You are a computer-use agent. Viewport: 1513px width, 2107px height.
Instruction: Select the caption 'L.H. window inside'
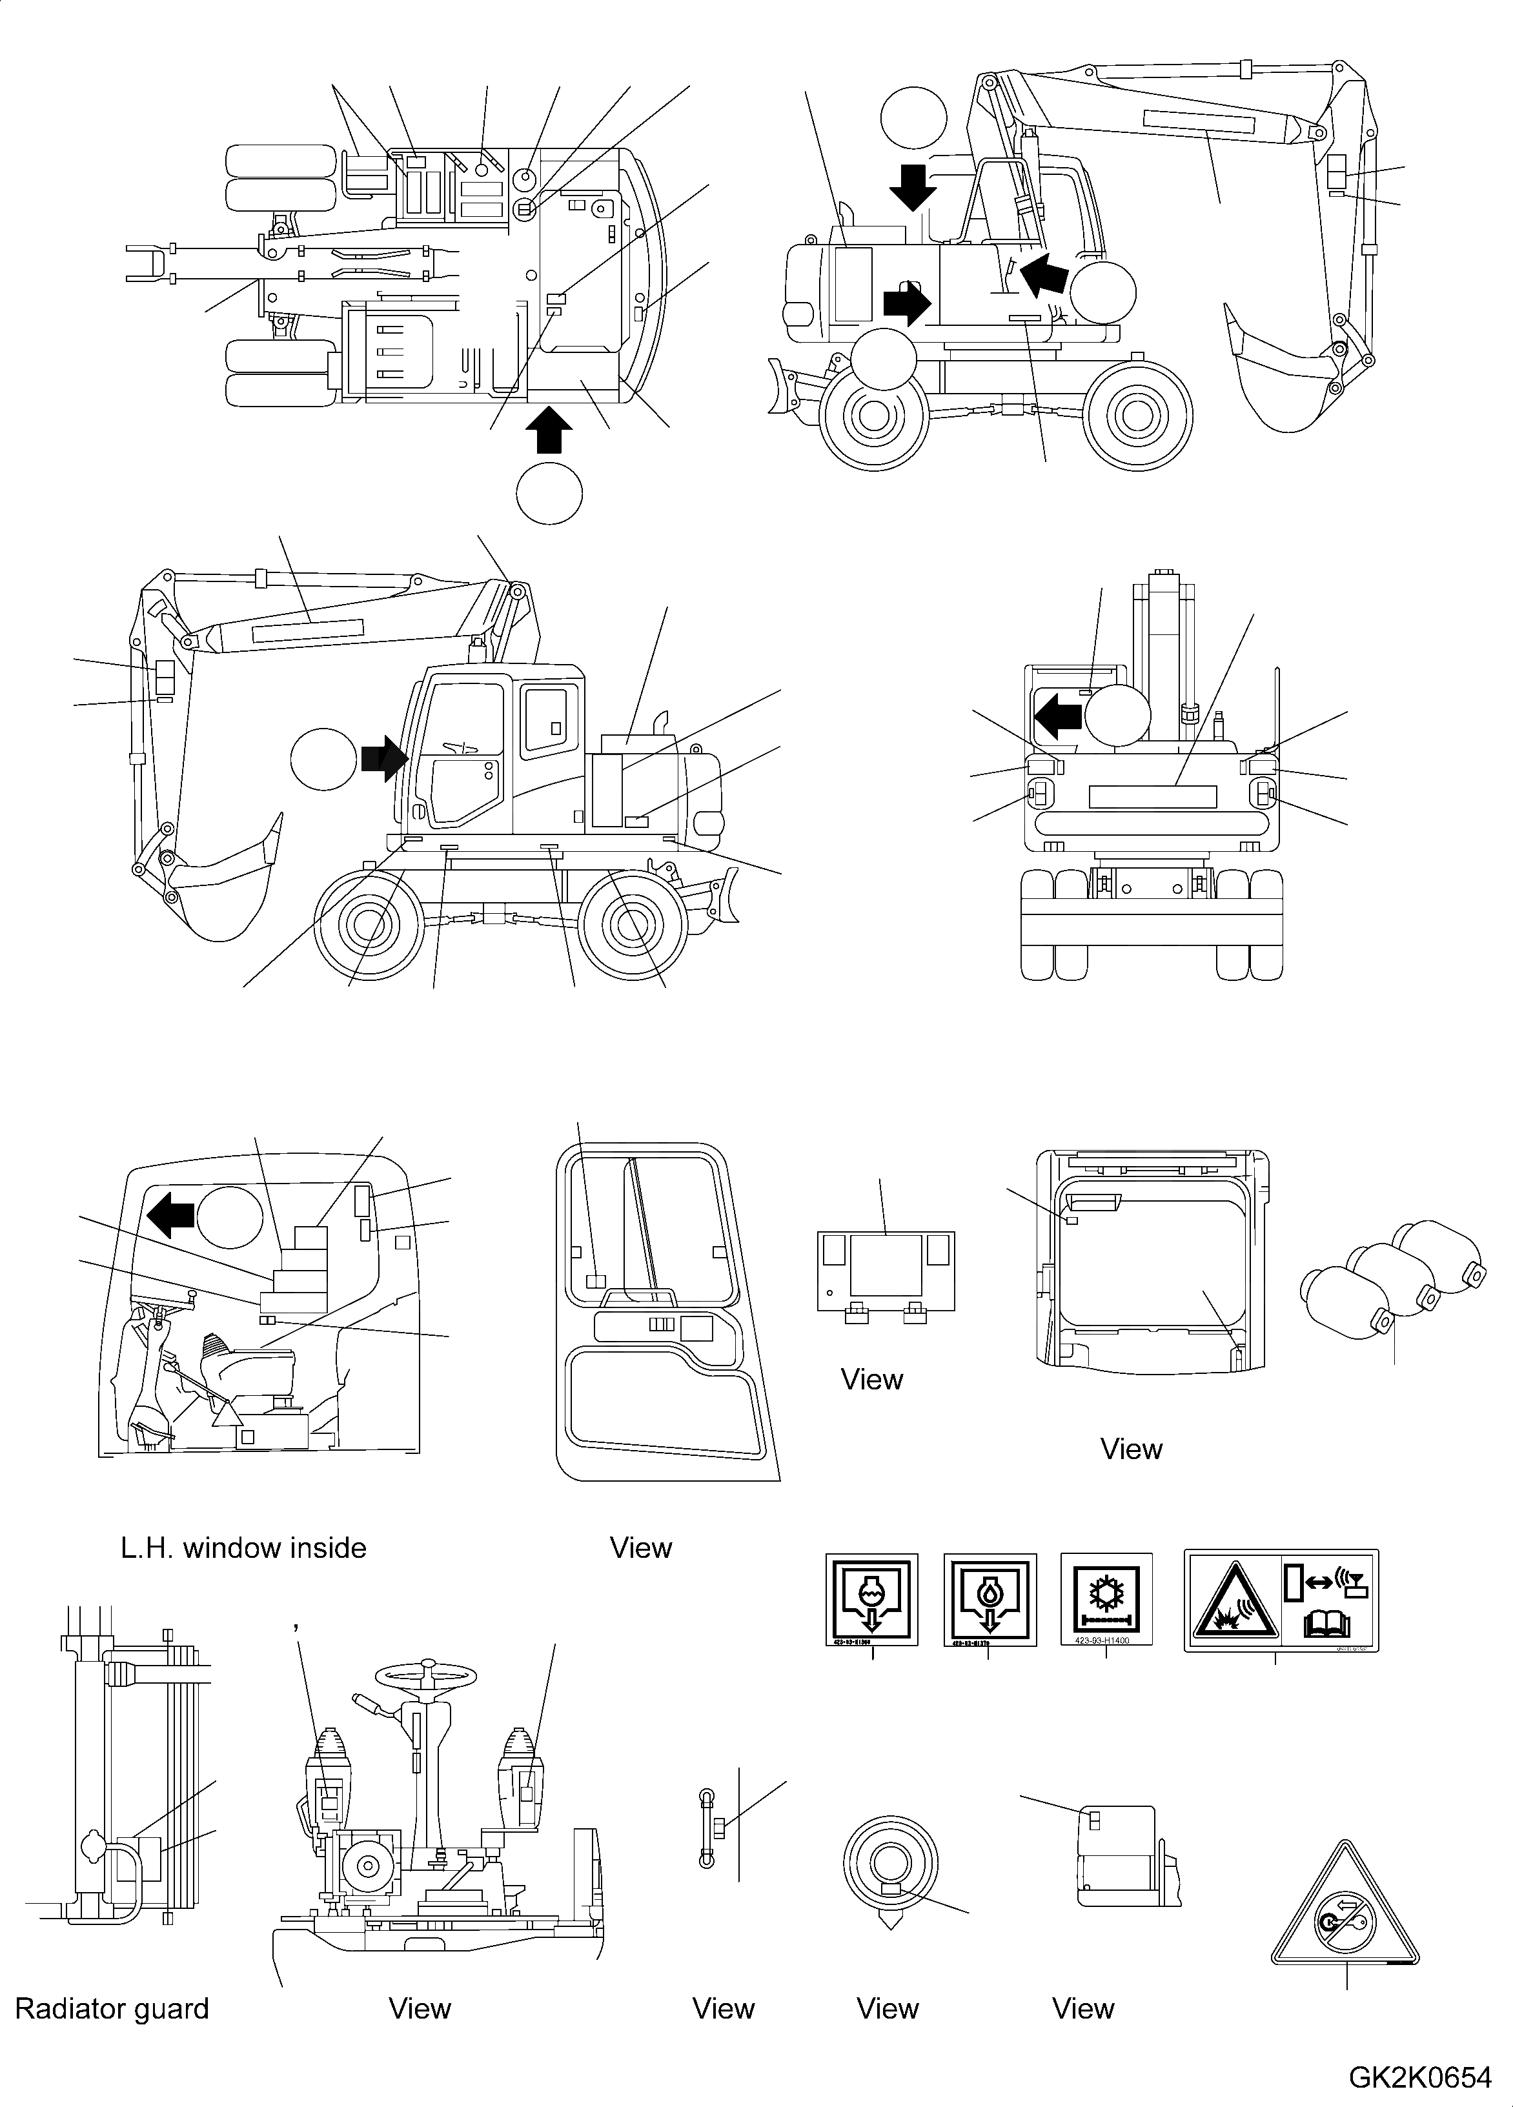243,1547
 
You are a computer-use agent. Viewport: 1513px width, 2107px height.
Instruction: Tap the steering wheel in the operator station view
427,1674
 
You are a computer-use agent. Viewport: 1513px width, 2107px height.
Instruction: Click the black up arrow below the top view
548,432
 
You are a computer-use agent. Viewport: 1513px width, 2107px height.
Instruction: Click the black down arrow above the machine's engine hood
913,187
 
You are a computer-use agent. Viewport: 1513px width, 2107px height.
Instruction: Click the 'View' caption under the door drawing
640,1547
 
